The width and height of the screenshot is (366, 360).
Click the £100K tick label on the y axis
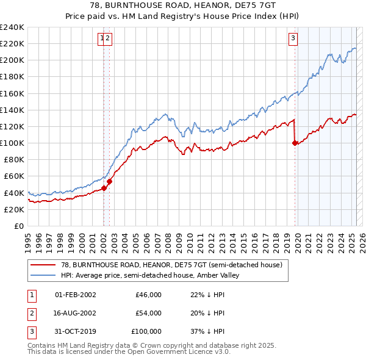click(12, 143)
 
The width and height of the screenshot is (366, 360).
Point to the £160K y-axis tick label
click(12, 93)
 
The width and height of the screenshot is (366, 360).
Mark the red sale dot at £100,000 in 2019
click(295, 143)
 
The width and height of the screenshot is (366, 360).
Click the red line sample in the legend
click(43, 265)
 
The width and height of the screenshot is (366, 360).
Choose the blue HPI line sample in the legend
click(43, 275)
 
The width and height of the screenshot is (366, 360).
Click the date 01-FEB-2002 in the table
click(76, 295)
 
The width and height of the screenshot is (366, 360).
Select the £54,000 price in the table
click(149, 313)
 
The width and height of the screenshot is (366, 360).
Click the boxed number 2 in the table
click(30, 313)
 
